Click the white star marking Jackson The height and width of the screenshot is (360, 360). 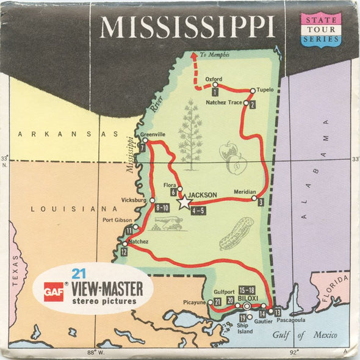(184, 203)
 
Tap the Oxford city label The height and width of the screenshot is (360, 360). (214, 79)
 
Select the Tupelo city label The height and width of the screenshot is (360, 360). (265, 90)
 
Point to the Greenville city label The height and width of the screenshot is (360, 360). (153, 134)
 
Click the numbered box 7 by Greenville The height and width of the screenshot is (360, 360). (142, 147)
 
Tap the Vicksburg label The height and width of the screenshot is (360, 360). (134, 200)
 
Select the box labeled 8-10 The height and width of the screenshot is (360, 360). (162, 208)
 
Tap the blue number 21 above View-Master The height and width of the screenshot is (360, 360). (77, 273)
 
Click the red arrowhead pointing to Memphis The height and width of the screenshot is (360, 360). (195, 54)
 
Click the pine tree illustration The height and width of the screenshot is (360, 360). (190, 131)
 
